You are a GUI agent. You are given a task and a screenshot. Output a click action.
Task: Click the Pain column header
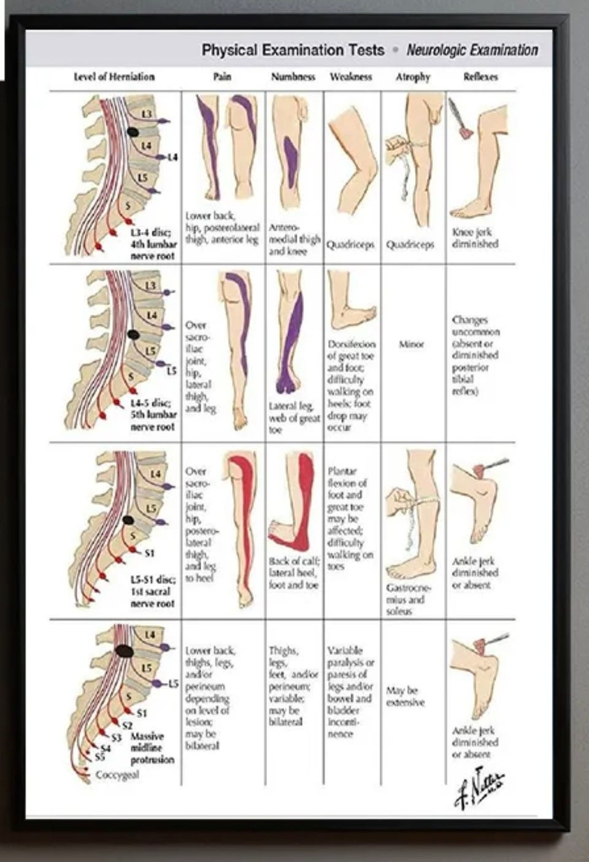coord(222,77)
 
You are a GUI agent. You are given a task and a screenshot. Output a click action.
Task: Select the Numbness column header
coord(293,77)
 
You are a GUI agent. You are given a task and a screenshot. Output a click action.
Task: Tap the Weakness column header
coord(351,77)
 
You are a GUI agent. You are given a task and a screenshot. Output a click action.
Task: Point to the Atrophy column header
coord(413,77)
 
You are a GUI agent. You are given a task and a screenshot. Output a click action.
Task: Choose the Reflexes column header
coord(480,77)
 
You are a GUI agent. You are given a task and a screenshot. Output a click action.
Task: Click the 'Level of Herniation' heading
coord(114,77)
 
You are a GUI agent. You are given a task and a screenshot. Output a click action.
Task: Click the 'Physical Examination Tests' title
coord(293,50)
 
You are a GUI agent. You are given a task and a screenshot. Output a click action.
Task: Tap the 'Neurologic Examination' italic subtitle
coord(472,50)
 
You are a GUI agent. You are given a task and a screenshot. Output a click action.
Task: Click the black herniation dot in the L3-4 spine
coord(133,131)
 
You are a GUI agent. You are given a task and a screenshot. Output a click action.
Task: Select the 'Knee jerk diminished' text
coord(475,238)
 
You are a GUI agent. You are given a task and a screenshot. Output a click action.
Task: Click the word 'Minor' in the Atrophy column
coord(411,344)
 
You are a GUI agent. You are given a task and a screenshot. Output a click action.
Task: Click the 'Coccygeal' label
coord(117,774)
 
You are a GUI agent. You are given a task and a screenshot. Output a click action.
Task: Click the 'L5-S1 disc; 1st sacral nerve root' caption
coord(152,591)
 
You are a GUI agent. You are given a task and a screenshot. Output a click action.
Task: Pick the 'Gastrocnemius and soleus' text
coord(408,599)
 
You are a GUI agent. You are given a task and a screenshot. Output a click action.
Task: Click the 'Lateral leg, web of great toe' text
coord(294,418)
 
